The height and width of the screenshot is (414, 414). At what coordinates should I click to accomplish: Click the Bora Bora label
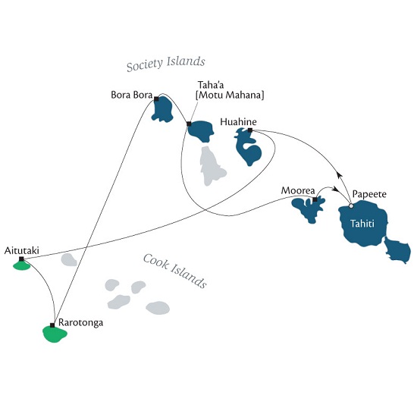point(132,95)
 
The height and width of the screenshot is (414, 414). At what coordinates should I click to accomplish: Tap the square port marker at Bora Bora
point(156,99)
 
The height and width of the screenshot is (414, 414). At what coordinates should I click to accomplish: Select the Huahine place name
point(238,122)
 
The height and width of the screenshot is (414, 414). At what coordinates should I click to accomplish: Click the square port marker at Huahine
point(250,130)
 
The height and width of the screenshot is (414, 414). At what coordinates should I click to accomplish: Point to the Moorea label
point(298,190)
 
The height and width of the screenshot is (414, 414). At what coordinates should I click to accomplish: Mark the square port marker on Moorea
point(315,199)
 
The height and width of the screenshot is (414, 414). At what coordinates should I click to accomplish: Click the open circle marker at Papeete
point(351,205)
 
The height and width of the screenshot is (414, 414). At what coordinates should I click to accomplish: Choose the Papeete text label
point(369,194)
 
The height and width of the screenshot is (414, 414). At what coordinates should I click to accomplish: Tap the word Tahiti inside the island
point(362,224)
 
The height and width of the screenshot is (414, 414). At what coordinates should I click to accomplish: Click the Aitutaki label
point(22,250)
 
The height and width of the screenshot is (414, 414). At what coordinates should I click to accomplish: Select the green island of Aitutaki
point(22,265)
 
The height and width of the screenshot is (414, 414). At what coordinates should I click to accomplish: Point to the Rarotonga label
point(81,323)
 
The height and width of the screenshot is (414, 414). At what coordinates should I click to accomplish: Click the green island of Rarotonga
point(55,334)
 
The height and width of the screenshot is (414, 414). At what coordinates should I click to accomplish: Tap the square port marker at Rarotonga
point(52,325)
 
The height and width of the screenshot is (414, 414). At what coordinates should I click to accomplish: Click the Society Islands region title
point(166,64)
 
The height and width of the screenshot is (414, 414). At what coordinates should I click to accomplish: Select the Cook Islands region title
point(175,271)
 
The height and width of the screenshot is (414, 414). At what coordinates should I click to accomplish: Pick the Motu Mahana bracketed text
point(230,95)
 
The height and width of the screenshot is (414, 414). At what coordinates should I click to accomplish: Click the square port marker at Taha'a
point(189,124)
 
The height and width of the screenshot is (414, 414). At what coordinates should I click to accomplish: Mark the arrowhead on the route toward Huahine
point(340,174)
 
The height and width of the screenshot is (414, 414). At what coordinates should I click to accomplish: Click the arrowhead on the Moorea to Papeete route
point(336,189)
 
